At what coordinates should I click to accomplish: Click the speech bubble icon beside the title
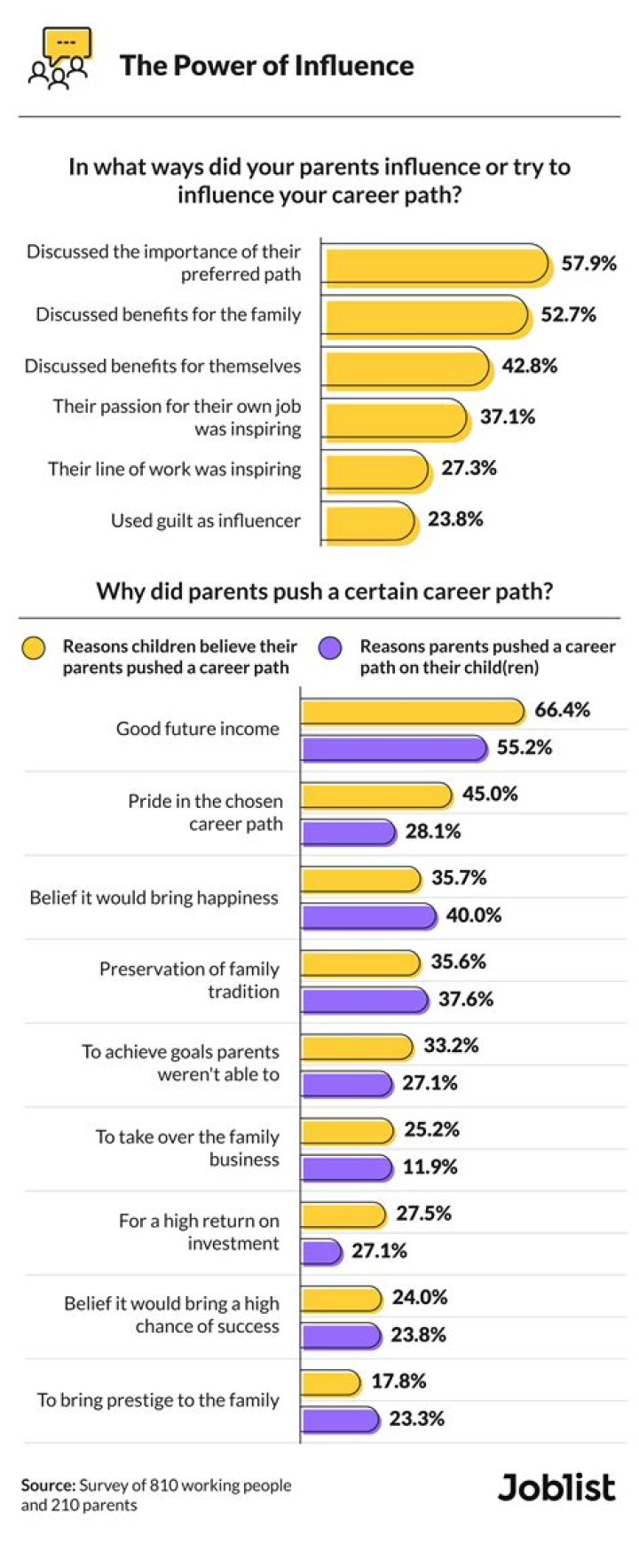[x=59, y=59]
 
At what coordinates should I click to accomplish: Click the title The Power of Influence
[x=266, y=66]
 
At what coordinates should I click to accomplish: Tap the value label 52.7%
[x=568, y=315]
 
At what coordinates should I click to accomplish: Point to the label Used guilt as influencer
[x=205, y=521]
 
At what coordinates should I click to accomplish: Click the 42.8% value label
[x=529, y=366]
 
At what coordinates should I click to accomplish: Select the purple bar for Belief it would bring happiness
[x=368, y=916]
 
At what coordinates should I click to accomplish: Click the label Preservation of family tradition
[x=189, y=980]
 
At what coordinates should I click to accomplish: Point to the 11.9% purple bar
[x=347, y=1167]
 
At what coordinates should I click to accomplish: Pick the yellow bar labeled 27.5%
[x=343, y=1215]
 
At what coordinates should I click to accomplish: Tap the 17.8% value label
[x=398, y=1381]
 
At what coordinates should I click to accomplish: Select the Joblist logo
[x=556, y=1487]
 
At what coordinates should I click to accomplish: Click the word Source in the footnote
[x=47, y=1484]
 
